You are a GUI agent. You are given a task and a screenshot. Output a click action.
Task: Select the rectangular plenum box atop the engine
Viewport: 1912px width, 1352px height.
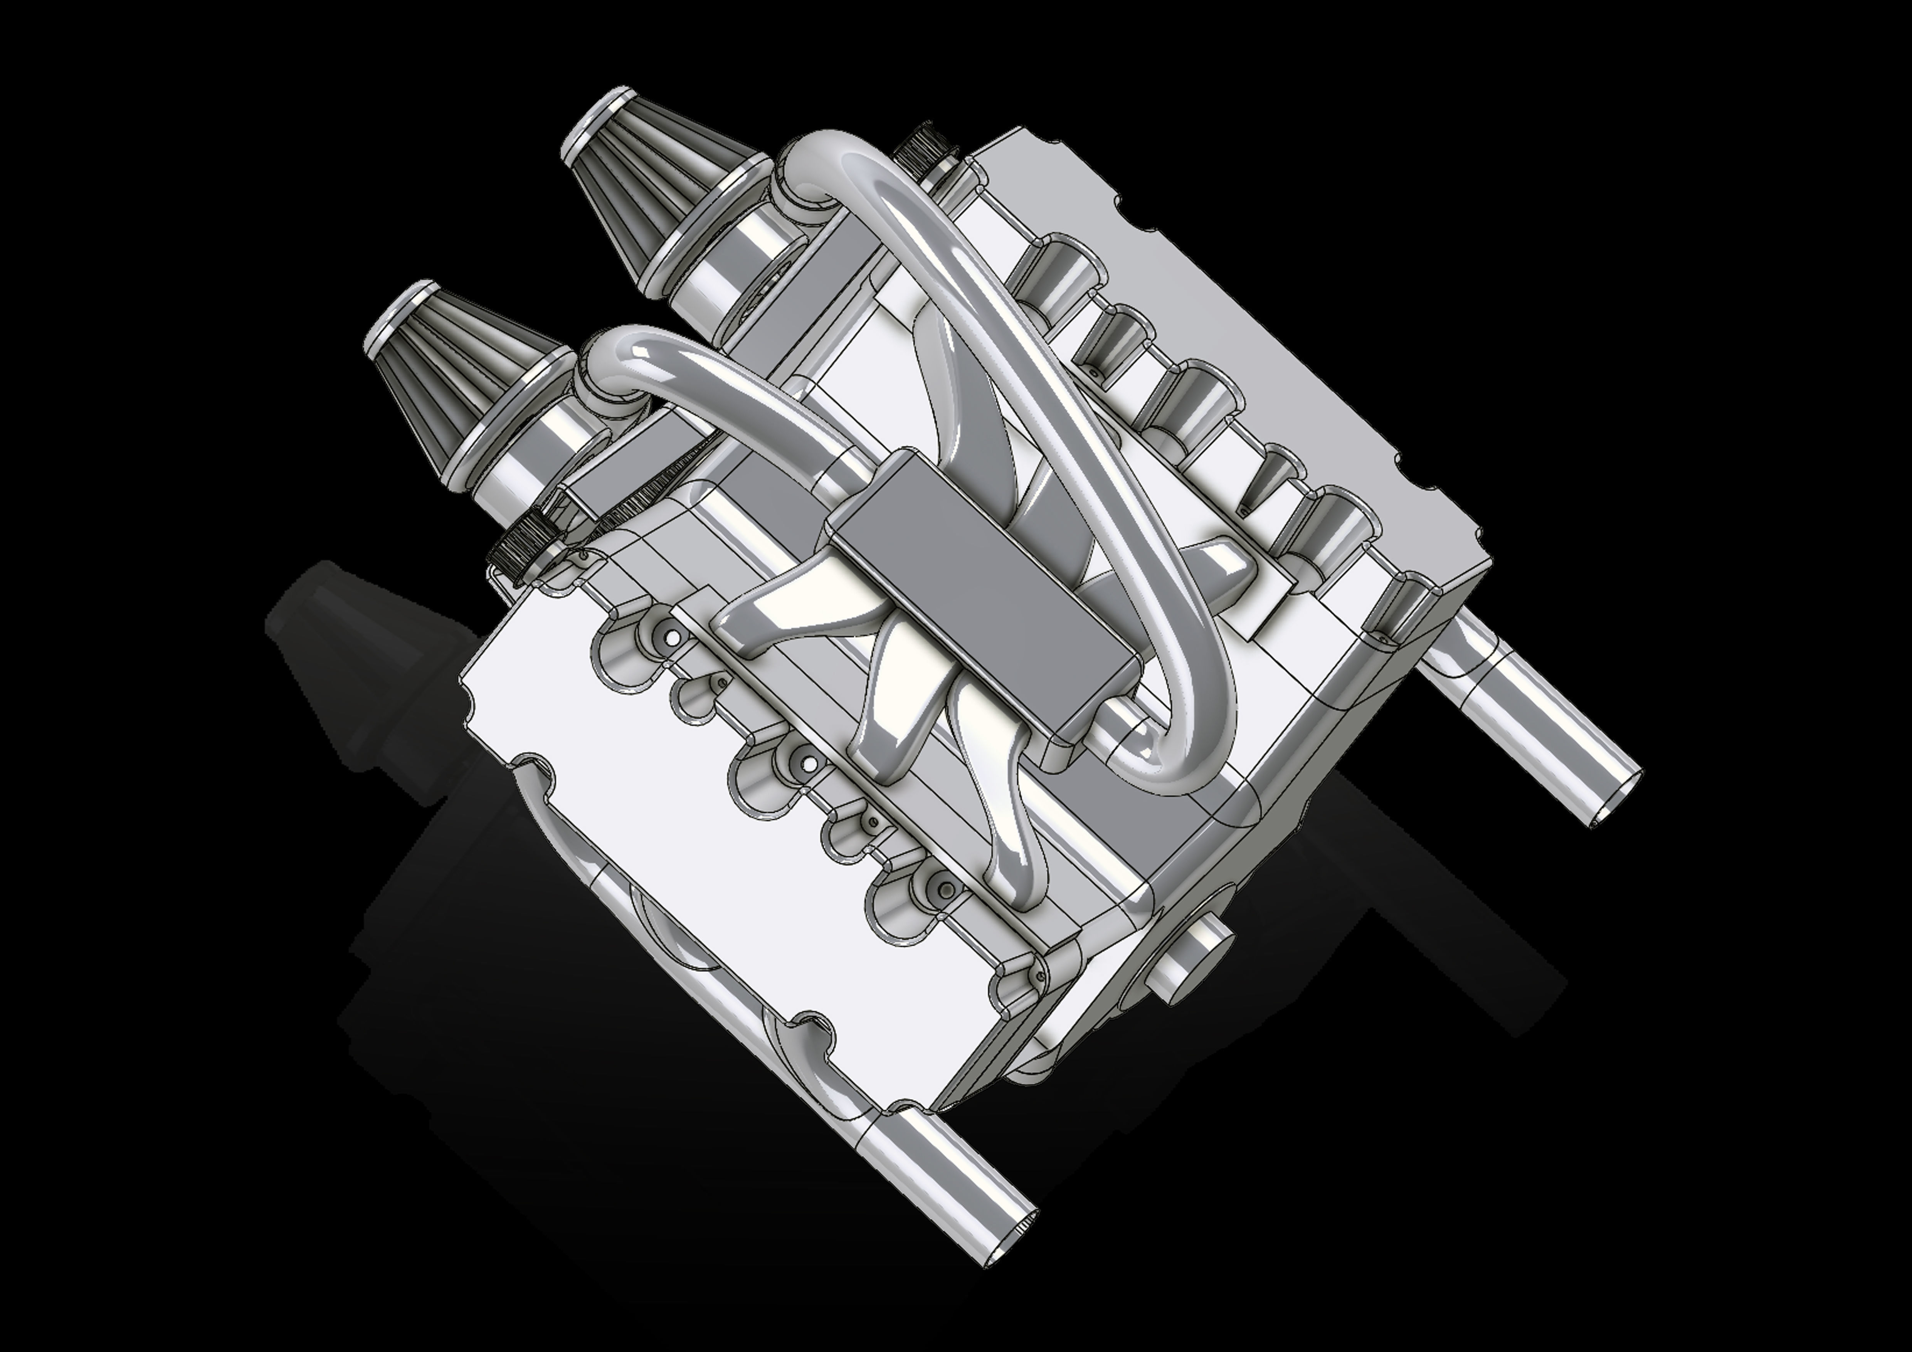coord(983,591)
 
